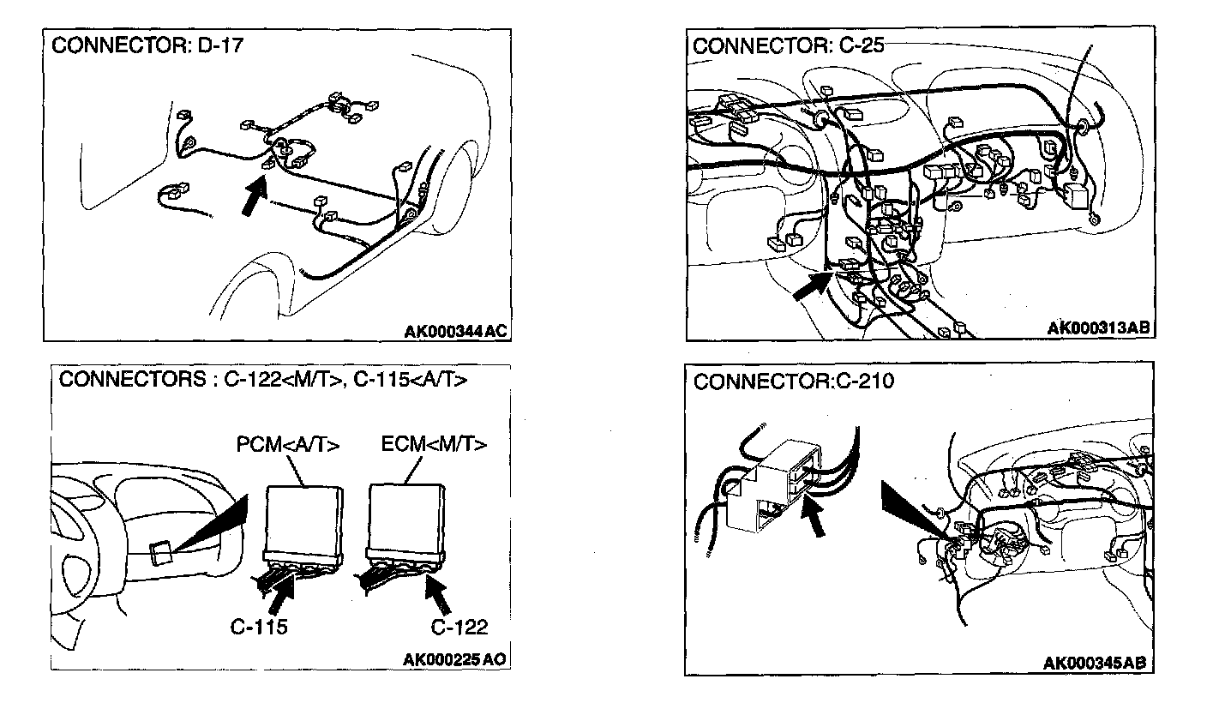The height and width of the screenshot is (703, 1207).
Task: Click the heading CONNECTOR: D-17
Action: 147,46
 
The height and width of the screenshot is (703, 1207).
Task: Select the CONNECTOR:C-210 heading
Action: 793,382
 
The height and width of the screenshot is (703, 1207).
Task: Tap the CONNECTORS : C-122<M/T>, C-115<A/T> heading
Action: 263,380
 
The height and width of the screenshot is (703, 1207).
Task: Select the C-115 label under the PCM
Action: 259,627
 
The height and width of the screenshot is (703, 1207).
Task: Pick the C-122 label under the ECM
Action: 459,627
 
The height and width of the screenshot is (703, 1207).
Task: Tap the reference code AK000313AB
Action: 1099,328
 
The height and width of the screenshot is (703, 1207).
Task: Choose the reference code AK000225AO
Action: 454,659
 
